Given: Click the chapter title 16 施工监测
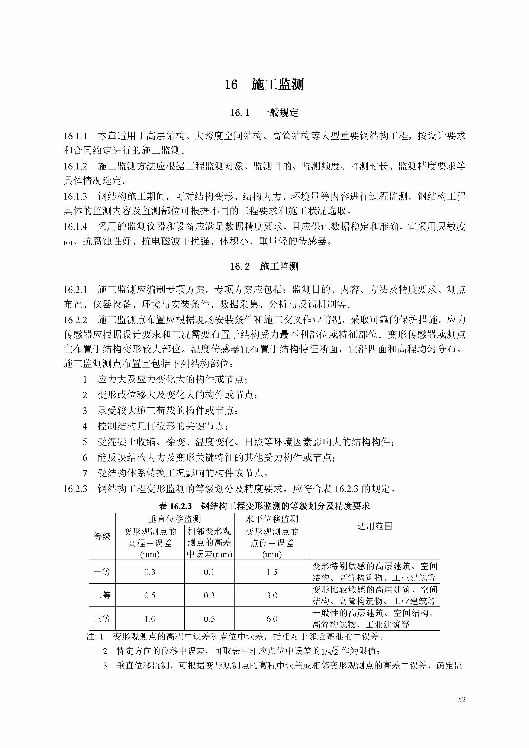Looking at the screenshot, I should coord(264,85).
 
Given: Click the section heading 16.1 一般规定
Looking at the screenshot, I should coord(264,113).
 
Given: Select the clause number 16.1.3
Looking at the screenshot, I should coord(75,197).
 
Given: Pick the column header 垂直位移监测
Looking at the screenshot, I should coord(174,519).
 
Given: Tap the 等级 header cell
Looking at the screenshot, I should coord(102,536).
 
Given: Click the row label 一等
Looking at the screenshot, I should coord(102,572).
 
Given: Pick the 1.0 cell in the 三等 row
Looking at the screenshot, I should coord(150,619).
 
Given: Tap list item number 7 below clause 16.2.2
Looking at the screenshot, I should coord(85,473).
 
